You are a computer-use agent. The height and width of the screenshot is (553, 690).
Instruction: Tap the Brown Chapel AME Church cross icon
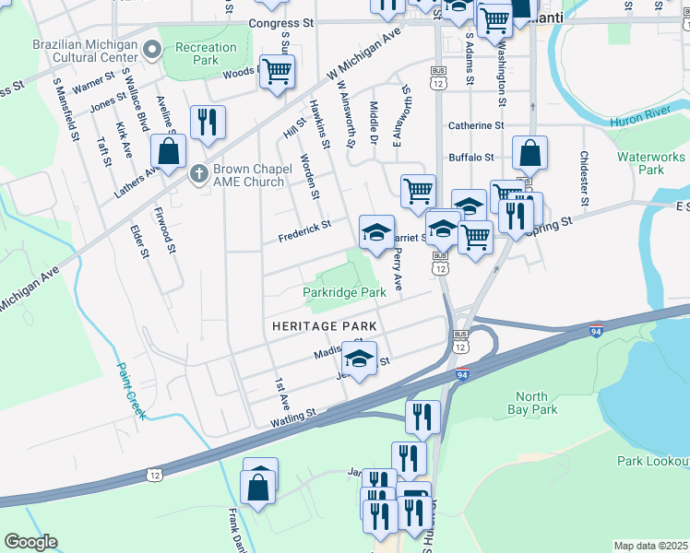tap(198, 172)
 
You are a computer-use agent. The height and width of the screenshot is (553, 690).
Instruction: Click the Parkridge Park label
tap(344, 292)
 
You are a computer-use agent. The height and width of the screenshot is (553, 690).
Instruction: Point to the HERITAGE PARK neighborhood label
tap(324, 326)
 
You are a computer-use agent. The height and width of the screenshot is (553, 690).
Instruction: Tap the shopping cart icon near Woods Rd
tap(277, 72)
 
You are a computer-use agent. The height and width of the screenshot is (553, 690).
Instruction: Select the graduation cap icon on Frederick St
tap(376, 232)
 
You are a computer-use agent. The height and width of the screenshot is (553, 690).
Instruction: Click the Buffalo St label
tap(472, 158)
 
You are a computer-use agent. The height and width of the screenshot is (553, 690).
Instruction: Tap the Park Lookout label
tap(653, 461)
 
